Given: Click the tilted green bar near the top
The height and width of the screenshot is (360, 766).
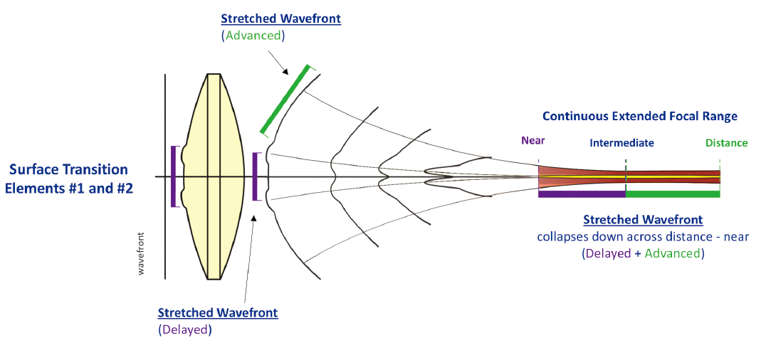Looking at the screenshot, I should tap(285, 100).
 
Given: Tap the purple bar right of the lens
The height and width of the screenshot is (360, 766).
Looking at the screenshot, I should tap(254, 176).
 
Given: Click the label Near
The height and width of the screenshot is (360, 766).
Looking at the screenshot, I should tap(533, 141).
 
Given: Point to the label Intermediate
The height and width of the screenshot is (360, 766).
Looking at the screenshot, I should tap(621, 143).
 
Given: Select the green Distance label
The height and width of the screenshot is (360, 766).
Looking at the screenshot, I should tap(726, 143).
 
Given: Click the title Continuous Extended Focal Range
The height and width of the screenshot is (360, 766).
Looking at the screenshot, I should tap(639, 116).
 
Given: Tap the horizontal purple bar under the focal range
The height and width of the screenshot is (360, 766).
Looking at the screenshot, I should tap(582, 194).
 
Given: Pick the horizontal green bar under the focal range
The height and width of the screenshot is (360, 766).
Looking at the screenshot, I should tap(673, 194).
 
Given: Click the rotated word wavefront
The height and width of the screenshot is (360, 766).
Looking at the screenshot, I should tap(141, 253).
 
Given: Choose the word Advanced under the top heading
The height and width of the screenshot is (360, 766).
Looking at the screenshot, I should tap(254, 35).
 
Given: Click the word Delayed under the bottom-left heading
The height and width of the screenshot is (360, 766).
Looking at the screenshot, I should tap(184, 329).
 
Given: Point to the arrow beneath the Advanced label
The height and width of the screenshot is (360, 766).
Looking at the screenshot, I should tap(279, 62).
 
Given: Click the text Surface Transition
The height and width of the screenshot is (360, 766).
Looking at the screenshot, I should tap(69, 170).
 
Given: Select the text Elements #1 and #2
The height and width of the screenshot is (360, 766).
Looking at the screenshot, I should tap(69, 189).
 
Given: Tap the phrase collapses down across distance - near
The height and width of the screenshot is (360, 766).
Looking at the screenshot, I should tap(643, 236).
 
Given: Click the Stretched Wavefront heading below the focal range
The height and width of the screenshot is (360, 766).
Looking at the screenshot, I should tap(643, 220).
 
